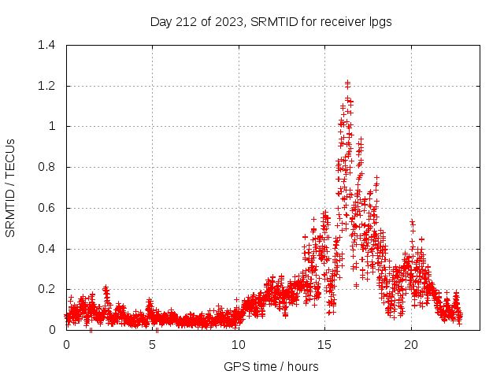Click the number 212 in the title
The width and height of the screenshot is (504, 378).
point(185,22)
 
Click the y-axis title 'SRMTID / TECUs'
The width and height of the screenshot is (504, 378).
point(11,187)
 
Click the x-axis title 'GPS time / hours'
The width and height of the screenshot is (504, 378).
point(271,366)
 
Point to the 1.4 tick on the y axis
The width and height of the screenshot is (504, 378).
point(47,45)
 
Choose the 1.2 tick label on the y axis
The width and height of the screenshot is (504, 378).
point(47,86)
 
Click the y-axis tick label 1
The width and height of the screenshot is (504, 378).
point(52,126)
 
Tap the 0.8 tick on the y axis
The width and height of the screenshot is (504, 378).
point(47,167)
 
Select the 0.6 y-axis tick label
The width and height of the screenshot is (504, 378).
point(47,208)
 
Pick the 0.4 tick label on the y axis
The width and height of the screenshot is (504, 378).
point(47,249)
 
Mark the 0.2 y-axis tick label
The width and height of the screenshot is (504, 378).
point(47,289)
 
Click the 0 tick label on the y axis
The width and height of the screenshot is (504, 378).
point(52,330)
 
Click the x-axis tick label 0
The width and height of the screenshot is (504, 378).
point(66,345)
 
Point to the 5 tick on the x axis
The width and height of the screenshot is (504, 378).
point(152,345)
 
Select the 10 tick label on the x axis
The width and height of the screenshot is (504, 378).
point(238,345)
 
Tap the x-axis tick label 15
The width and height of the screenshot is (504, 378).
point(324,345)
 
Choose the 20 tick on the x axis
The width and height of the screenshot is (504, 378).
point(410,345)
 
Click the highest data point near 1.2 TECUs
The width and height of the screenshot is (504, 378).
point(347,83)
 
